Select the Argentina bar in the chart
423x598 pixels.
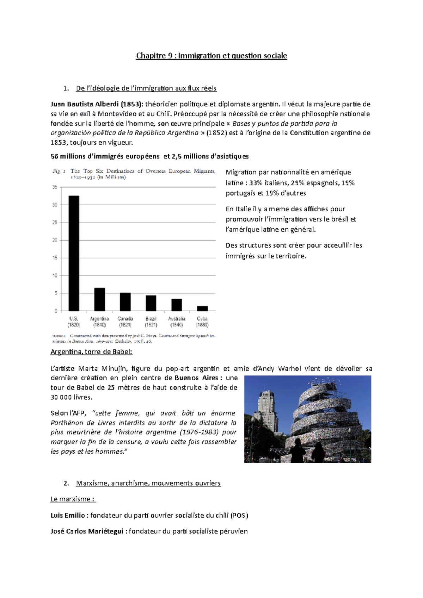[x=99, y=299]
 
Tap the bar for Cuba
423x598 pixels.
[x=202, y=309]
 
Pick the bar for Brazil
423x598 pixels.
[x=151, y=303]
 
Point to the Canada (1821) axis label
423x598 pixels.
[x=125, y=322]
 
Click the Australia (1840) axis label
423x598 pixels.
[x=177, y=322]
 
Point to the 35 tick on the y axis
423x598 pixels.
[x=55, y=187]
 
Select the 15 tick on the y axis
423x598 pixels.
[x=55, y=258]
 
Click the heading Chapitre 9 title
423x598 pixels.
[x=211, y=56]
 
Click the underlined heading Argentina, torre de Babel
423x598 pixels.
[x=91, y=352]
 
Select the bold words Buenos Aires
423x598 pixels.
[x=196, y=378]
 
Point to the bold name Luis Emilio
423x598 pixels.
[x=68, y=515]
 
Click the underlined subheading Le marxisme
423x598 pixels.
[x=73, y=499]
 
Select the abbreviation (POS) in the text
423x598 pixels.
[x=239, y=515]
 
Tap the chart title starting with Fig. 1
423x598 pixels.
[x=134, y=174]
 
